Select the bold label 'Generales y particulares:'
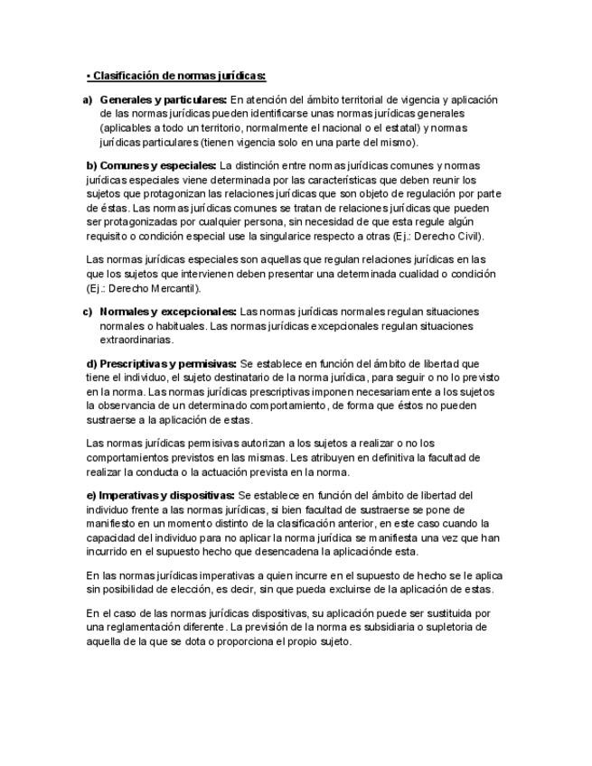pyautogui.click(x=163, y=99)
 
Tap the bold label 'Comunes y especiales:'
pyautogui.click(x=151, y=165)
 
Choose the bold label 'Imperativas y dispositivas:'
pyautogui.click(x=160, y=495)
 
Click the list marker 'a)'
pyautogui.click(x=88, y=99)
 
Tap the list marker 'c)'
pyautogui.click(x=88, y=312)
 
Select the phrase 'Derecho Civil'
pyautogui.click(x=452, y=237)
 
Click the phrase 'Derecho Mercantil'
pyautogui.click(x=149, y=289)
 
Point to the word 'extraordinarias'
pyautogui.click(x=136, y=341)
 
